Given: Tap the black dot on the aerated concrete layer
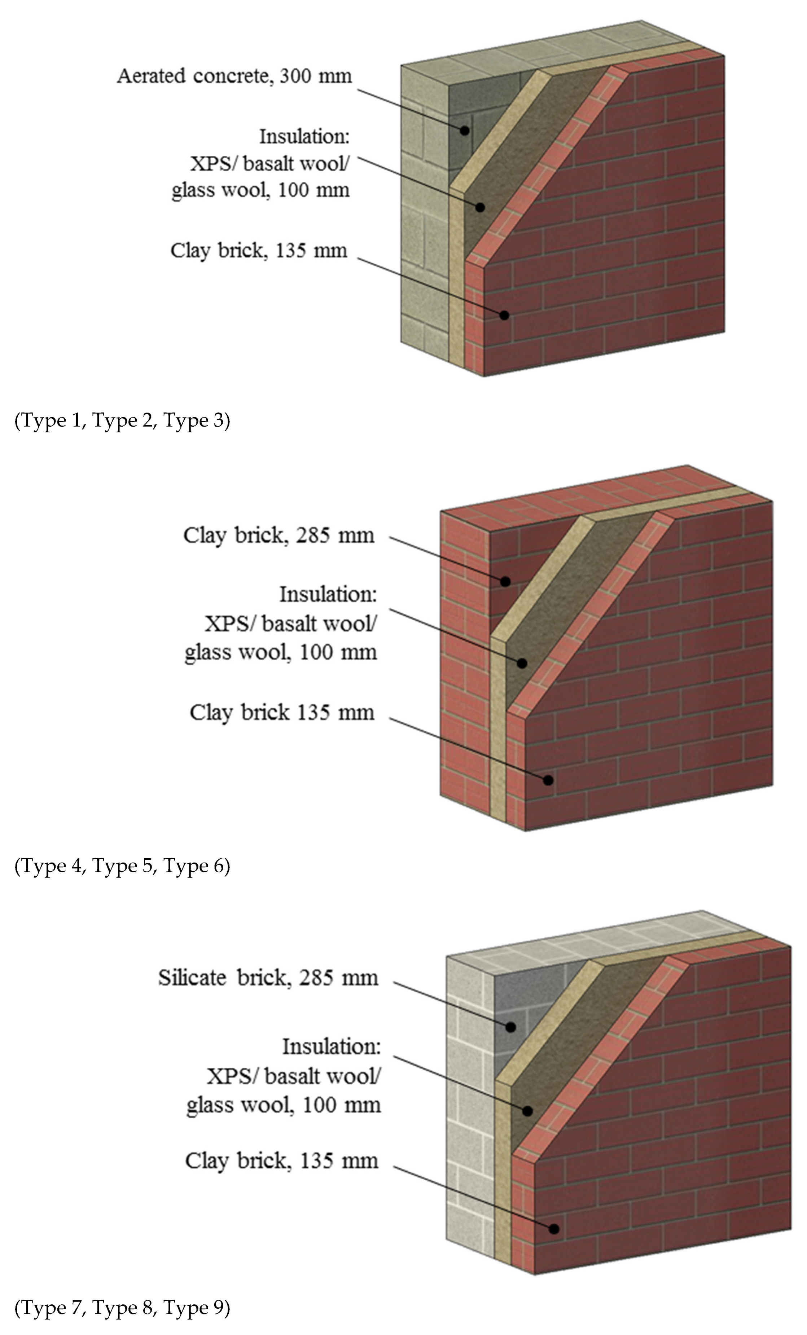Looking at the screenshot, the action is pos(465,130).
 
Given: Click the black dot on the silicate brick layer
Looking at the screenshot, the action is pos(510,1026).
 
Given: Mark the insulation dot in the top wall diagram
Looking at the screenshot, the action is pos(480,207).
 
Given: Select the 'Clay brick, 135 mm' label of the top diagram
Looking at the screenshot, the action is pos(259,251).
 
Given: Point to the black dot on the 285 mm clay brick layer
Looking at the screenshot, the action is pos(505,581).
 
